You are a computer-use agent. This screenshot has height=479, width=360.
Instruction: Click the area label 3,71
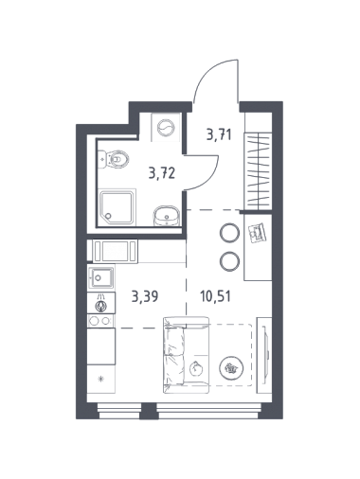[x=219, y=134]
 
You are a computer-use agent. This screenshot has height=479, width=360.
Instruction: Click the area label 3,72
[x=162, y=173]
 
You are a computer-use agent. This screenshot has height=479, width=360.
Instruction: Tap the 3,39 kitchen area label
[x=145, y=296]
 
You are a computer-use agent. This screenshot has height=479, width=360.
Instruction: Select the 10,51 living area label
[x=215, y=296]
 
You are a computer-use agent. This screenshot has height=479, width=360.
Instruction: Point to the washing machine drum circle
[x=166, y=128]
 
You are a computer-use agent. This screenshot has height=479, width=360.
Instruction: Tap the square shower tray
[x=117, y=206]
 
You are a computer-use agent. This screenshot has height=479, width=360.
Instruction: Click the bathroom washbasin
[x=167, y=216]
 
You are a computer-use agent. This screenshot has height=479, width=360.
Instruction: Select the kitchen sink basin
[x=101, y=277]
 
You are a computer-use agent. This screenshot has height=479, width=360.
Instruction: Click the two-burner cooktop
[x=100, y=321]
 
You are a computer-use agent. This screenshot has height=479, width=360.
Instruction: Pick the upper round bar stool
[x=229, y=233]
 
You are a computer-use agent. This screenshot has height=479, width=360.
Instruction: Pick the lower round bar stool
[x=229, y=261]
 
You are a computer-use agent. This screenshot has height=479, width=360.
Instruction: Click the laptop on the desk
[x=258, y=233]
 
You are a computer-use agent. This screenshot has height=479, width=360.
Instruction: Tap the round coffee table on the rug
[x=231, y=367]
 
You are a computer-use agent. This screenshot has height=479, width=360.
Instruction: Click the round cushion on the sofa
[x=196, y=368]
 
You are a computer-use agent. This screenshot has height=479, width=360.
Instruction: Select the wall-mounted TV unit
[x=264, y=355]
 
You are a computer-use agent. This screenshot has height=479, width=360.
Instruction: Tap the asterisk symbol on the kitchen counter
[x=101, y=379]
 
